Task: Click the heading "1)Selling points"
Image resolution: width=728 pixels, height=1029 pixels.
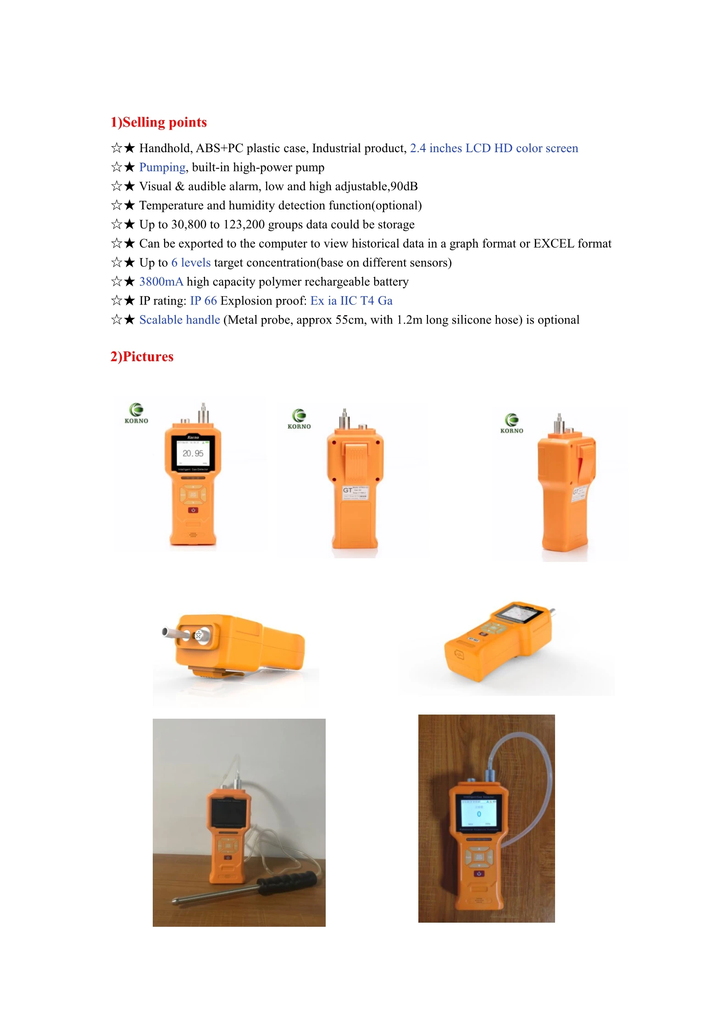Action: coord(158,122)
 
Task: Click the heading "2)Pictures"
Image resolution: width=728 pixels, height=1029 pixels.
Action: coord(142,357)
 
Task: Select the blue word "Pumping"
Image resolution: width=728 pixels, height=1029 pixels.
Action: coord(162,167)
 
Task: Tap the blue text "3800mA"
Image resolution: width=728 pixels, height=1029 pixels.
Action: coord(161,281)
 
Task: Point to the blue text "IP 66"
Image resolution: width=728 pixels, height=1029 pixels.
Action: coord(203,301)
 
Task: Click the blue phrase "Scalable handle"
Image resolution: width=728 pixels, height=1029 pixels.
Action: coord(179,320)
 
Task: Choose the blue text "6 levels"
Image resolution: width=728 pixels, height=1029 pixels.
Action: coord(191,263)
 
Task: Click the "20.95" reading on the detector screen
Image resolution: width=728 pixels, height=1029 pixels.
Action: coord(193,453)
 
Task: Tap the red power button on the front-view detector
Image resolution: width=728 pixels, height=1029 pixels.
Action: coord(193,510)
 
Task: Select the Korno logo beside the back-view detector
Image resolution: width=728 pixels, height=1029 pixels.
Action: coord(299,418)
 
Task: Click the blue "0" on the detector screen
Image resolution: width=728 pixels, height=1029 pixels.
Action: coord(479,814)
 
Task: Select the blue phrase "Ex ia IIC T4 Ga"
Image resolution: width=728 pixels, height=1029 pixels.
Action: coord(351,301)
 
